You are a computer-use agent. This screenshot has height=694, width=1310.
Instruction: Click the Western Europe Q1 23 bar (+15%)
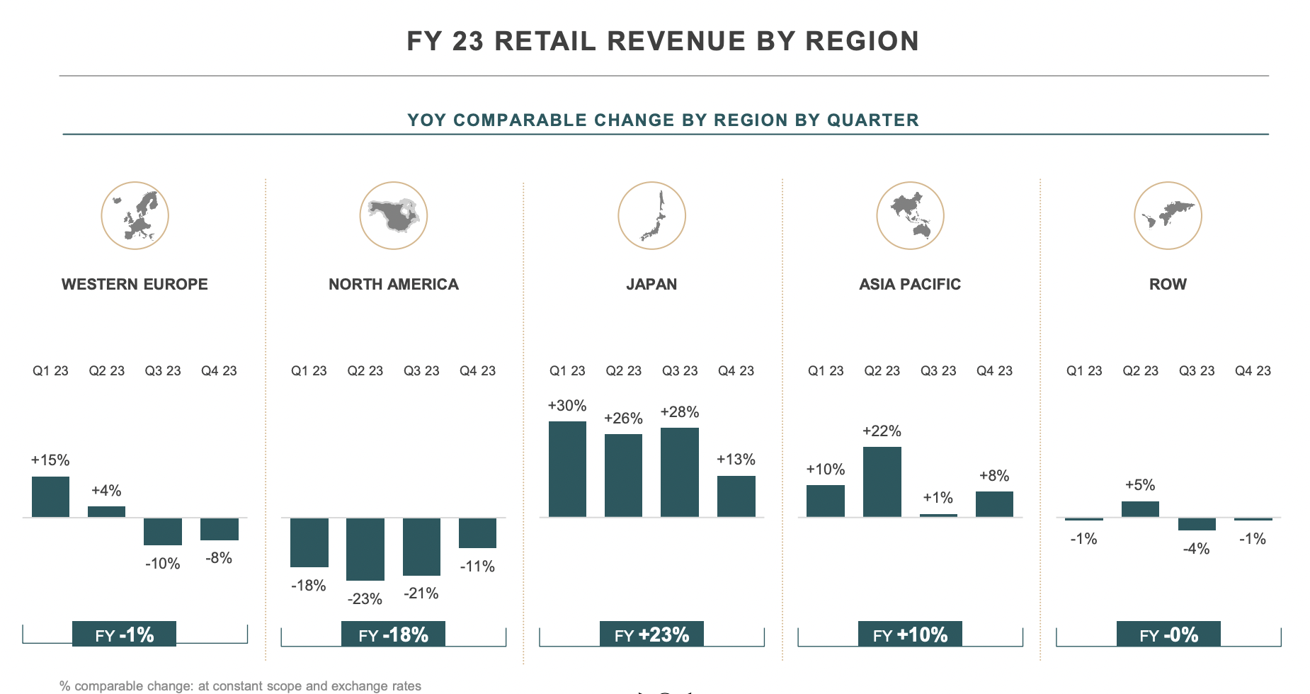pyautogui.click(x=50, y=496)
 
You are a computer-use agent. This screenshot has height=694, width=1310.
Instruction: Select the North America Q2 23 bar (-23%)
pyautogui.click(x=365, y=549)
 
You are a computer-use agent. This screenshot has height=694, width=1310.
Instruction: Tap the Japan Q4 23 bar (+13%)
pyautogui.click(x=736, y=496)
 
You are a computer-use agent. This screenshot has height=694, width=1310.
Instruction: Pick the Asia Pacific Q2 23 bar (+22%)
pyautogui.click(x=882, y=482)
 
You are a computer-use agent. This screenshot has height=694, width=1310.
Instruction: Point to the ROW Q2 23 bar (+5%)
pyautogui.click(x=1140, y=509)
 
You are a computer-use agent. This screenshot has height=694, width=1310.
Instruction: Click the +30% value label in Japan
pyautogui.click(x=566, y=406)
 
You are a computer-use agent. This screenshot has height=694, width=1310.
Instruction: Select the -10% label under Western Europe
pyautogui.click(x=162, y=564)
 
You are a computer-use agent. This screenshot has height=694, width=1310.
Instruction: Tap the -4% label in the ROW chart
pyautogui.click(x=1196, y=549)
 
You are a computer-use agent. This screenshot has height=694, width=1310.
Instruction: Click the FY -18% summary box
pyautogui.click(x=393, y=635)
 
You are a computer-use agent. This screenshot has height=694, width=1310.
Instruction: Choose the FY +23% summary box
pyautogui.click(x=651, y=635)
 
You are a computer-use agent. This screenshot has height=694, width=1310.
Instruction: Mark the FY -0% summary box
pyautogui.click(x=1168, y=635)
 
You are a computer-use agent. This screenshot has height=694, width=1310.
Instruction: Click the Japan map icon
pyautogui.click(x=651, y=215)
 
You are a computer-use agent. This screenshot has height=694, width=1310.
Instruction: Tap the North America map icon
pyautogui.click(x=393, y=215)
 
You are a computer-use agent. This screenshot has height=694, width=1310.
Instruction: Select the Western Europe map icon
pyautogui.click(x=135, y=215)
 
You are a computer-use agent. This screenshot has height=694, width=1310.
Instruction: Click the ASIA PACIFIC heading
pyautogui.click(x=910, y=284)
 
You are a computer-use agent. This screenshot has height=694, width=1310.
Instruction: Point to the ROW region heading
pyautogui.click(x=1168, y=284)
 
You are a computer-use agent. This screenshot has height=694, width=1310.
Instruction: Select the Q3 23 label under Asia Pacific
pyautogui.click(x=938, y=370)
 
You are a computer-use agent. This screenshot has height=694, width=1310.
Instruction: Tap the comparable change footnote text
pyautogui.click(x=240, y=686)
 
